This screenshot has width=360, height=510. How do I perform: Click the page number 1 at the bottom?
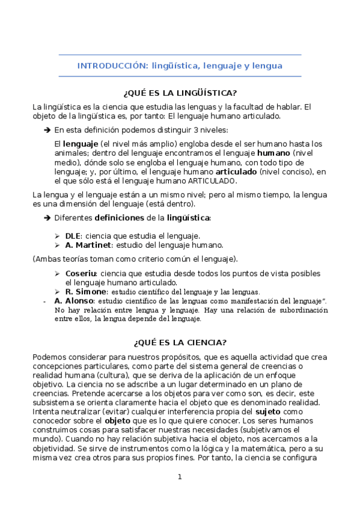click(x=179, y=477)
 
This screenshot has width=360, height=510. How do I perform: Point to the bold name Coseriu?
click(x=81, y=273)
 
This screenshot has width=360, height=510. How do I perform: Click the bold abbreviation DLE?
click(x=73, y=236)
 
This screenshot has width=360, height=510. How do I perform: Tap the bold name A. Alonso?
click(x=74, y=300)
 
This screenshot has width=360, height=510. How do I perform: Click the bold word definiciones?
click(x=119, y=217)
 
